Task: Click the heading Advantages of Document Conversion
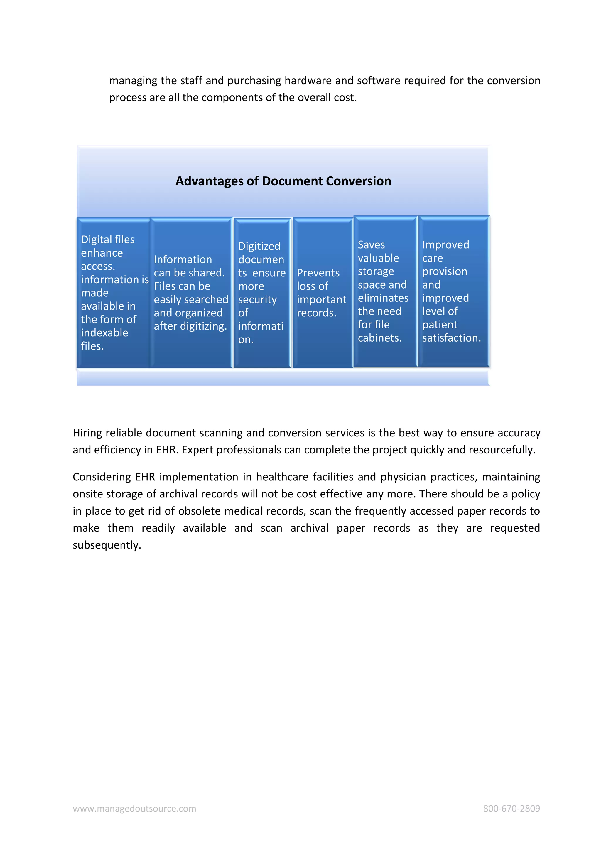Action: coord(283,181)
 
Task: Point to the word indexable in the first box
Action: coord(104,333)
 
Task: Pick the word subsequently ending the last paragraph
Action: coord(107,545)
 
